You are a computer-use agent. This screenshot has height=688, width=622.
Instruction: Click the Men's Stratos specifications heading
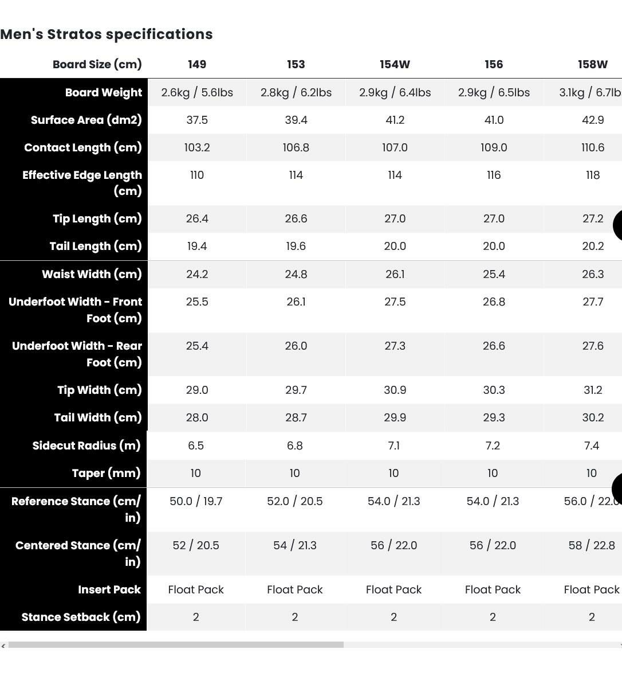pyautogui.click(x=107, y=34)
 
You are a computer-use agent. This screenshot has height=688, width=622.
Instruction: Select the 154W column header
pyautogui.click(x=395, y=64)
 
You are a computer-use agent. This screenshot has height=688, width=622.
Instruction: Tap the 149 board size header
pyautogui.click(x=197, y=64)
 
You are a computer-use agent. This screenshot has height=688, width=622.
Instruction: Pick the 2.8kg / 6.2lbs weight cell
pyautogui.click(x=296, y=92)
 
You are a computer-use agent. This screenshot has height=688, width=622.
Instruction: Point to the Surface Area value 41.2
pyautogui.click(x=395, y=120)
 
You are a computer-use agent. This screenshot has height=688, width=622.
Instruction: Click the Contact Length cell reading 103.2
pyautogui.click(x=197, y=147)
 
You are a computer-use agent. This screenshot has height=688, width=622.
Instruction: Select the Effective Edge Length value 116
pyautogui.click(x=494, y=175)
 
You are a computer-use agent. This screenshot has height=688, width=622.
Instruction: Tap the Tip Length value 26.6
pyautogui.click(x=296, y=218)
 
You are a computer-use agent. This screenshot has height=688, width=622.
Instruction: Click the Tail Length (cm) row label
pyautogui.click(x=96, y=246)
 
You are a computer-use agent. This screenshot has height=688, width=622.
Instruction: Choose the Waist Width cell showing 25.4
pyautogui.click(x=494, y=274)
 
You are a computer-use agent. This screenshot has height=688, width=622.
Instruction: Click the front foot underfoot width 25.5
pyautogui.click(x=197, y=302)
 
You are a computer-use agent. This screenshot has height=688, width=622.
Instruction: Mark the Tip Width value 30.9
pyautogui.click(x=395, y=390)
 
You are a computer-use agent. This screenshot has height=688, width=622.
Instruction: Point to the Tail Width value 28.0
pyautogui.click(x=197, y=417)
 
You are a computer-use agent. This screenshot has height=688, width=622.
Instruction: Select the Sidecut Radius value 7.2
pyautogui.click(x=493, y=445)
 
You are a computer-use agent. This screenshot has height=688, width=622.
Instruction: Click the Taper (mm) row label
pyautogui.click(x=106, y=473)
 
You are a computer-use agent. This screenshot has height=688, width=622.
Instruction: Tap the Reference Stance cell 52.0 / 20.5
pyautogui.click(x=295, y=501)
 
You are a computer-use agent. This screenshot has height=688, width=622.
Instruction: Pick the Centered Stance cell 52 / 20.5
pyautogui.click(x=196, y=545)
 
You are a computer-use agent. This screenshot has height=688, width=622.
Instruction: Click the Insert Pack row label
pyautogui.click(x=109, y=589)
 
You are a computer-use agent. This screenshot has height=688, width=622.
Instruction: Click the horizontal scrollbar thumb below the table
pyautogui.click(x=176, y=645)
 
